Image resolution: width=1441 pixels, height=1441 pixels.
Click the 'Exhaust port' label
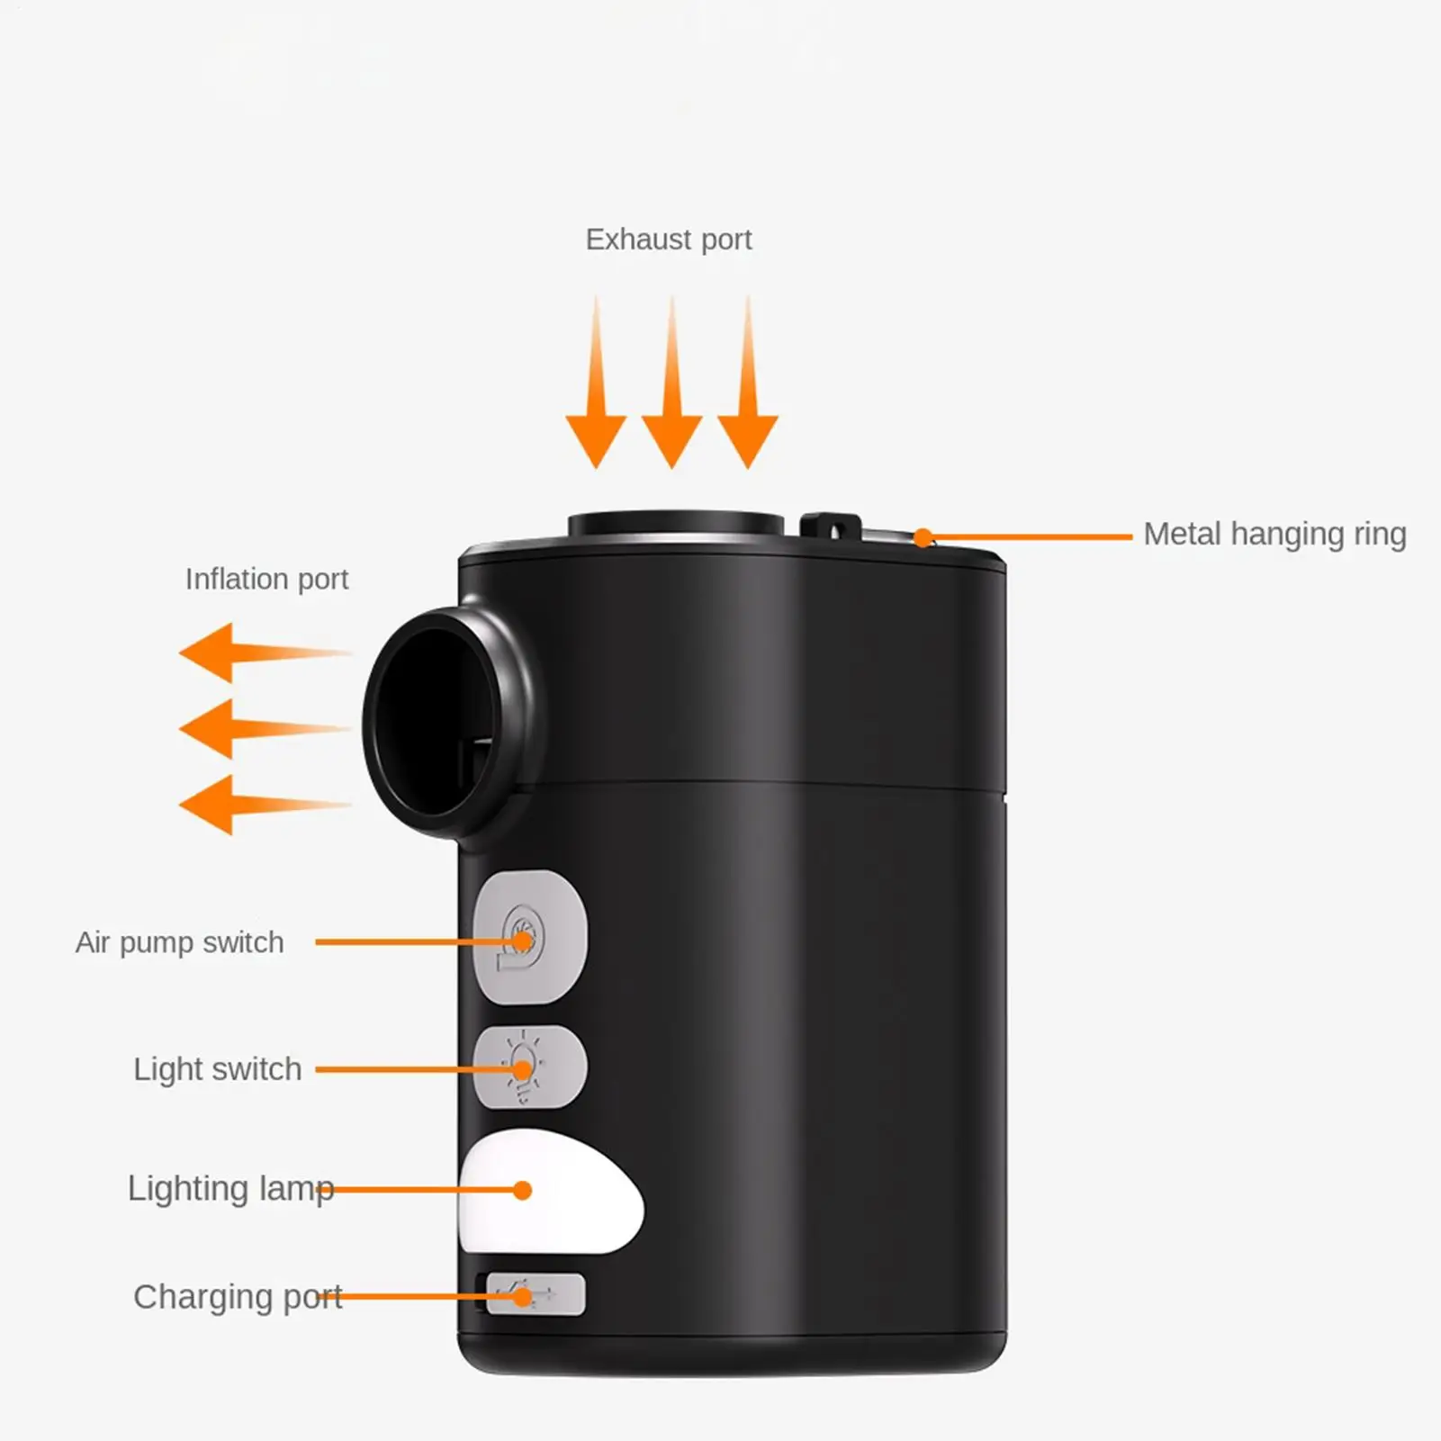pos(669,239)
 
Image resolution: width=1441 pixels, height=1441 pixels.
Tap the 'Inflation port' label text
pos(266,580)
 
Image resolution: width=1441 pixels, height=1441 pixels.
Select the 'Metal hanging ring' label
pos(1274,535)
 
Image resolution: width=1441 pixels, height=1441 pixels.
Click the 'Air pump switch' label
pos(179,942)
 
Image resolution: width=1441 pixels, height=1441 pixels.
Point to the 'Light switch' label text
pos(217,1069)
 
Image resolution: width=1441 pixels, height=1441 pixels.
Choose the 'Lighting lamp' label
pos(230,1189)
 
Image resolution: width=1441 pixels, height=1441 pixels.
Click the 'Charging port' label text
pos(238,1297)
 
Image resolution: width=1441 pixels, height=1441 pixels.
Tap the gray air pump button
pos(530,936)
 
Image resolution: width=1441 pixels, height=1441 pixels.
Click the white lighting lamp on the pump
pos(550,1192)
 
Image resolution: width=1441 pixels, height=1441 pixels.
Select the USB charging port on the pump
pos(536,1295)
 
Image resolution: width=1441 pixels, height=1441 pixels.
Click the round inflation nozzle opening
pos(435,722)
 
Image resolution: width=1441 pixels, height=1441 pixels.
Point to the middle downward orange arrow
pos(671,382)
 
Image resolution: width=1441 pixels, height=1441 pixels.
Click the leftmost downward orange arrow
pos(596,382)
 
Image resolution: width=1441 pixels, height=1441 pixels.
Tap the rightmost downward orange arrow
pos(748,382)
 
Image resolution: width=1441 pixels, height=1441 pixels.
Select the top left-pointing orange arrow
pos(265,653)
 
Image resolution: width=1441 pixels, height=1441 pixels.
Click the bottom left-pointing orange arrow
pos(265,805)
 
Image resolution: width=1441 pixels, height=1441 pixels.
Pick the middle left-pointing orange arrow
pos(265,729)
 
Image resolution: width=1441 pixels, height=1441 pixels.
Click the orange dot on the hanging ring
pos(923,538)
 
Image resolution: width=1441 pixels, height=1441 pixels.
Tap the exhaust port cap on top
pos(676,525)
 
